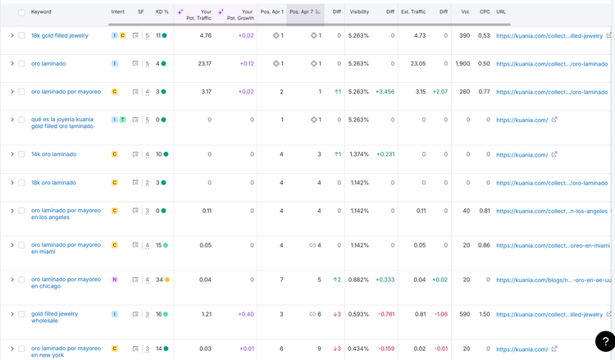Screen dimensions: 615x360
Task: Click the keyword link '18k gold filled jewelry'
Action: pyautogui.click(x=60, y=36)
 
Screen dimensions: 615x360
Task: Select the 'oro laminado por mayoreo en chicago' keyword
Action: pyautogui.click(x=66, y=283)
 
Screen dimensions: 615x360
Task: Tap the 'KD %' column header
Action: pyautogui.click(x=162, y=11)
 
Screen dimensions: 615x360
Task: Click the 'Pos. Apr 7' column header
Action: pyautogui.click(x=301, y=11)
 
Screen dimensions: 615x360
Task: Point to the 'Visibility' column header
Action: pyautogui.click(x=359, y=11)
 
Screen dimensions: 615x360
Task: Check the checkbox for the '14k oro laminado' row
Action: pyautogui.click(x=21, y=154)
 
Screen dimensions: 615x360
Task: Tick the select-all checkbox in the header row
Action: pyautogui.click(x=21, y=12)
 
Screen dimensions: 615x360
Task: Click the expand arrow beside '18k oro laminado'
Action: pyautogui.click(x=12, y=183)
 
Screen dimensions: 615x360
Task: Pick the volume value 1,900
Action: pyautogui.click(x=462, y=63)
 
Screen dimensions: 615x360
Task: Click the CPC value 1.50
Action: pyautogui.click(x=485, y=314)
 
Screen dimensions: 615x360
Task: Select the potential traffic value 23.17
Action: pyautogui.click(x=205, y=63)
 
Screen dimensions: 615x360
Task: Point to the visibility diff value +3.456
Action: pyautogui.click(x=385, y=92)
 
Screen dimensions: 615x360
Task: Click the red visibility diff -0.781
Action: pyautogui.click(x=386, y=314)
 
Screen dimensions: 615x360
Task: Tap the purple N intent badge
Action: pyautogui.click(x=115, y=280)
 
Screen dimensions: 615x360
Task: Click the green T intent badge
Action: pyautogui.click(x=123, y=120)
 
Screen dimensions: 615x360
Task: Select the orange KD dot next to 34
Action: pyautogui.click(x=167, y=280)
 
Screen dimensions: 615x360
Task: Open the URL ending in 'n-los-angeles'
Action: pyautogui.click(x=552, y=211)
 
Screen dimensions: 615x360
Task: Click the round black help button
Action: pyautogui.click(x=605, y=341)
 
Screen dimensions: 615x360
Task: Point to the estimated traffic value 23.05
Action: pyautogui.click(x=418, y=63)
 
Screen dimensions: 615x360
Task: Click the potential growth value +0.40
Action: pyautogui.click(x=246, y=314)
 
